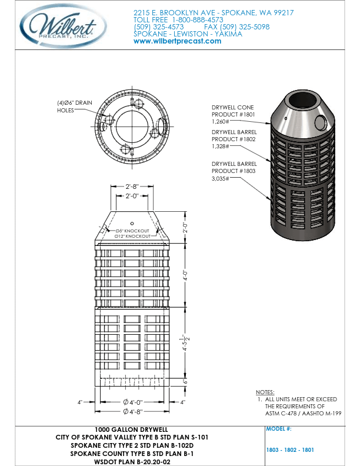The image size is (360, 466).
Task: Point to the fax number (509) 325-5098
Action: (236, 27)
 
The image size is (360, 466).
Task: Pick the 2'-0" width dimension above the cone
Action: (132, 196)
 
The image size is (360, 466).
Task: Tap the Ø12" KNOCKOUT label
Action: (132, 236)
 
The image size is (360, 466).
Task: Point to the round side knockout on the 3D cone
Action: (321, 122)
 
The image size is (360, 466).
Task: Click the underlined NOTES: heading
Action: (265, 392)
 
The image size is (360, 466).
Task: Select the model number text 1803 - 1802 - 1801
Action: (290, 450)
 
